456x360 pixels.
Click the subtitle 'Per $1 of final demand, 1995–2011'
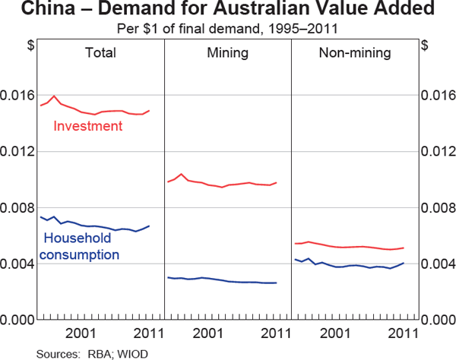click(228, 29)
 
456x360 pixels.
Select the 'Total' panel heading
click(100, 53)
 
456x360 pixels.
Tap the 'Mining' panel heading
click(227, 53)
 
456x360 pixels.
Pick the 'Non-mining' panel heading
click(356, 53)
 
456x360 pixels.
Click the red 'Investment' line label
click(87, 126)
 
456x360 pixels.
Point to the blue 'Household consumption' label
click(79, 246)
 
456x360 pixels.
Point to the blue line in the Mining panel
click(228, 281)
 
